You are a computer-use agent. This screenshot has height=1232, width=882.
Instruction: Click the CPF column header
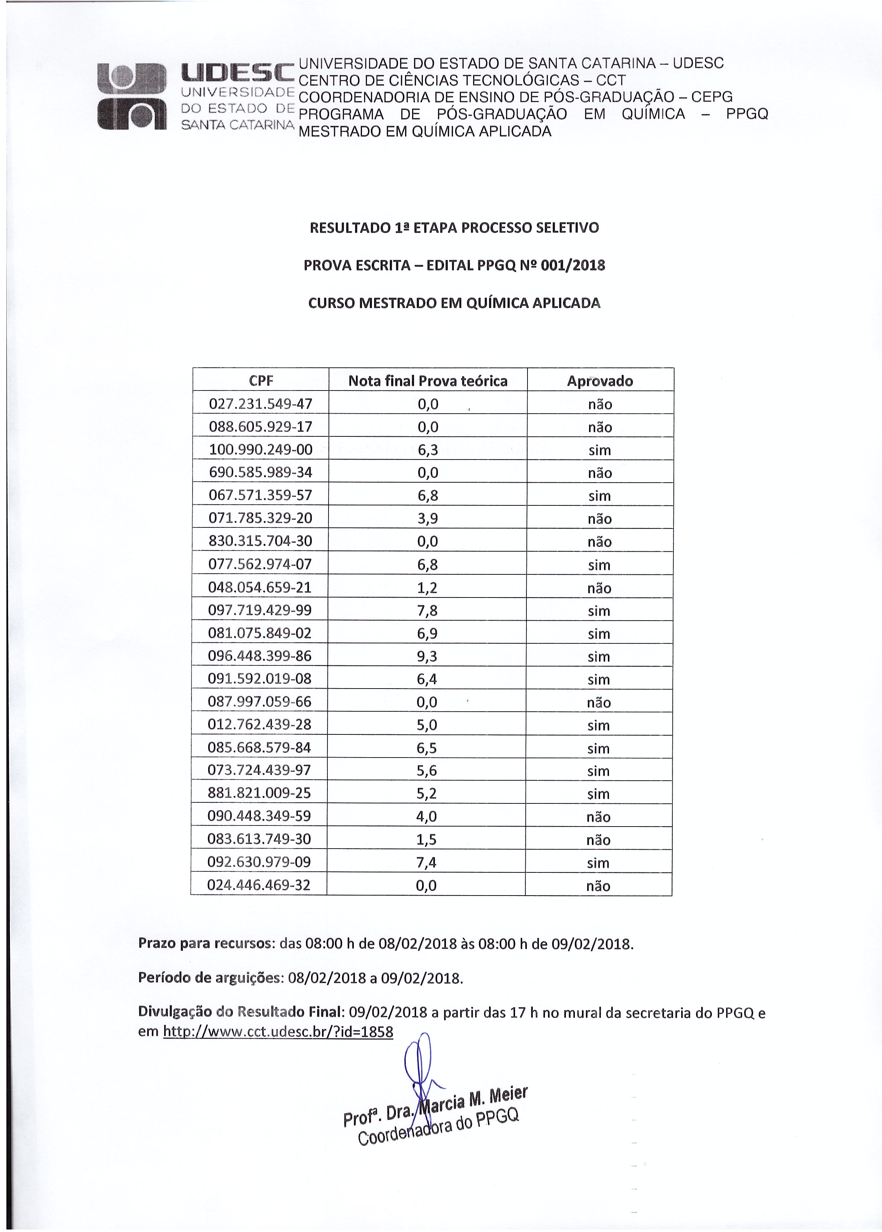[261, 381]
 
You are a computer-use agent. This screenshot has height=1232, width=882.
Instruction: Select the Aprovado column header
[600, 381]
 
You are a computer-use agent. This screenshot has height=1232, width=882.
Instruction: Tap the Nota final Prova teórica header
[427, 381]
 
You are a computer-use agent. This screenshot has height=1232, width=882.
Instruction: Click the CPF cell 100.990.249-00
[261, 450]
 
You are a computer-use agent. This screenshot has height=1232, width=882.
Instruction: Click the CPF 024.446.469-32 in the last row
[258, 885]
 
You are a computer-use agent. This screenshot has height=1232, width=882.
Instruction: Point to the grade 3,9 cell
[427, 518]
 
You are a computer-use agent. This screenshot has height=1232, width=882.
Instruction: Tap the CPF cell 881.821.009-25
[259, 793]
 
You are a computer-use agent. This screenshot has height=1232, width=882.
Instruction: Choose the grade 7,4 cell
[426, 862]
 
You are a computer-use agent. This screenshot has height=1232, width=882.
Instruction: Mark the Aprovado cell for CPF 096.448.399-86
[599, 657]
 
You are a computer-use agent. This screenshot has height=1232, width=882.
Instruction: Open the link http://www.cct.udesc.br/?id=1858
[278, 1032]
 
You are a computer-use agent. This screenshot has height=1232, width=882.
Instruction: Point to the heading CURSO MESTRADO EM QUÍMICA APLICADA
[454, 303]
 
